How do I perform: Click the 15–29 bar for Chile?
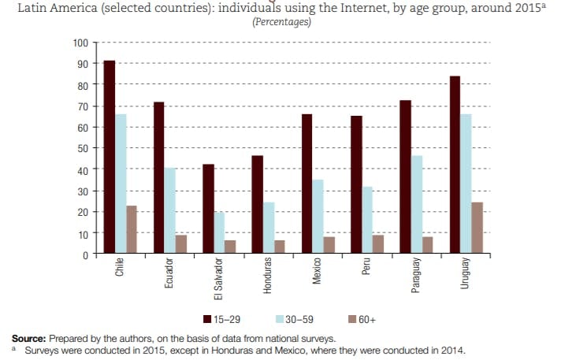click(109, 158)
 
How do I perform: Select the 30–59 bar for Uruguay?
click(466, 184)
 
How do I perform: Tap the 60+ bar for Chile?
click(132, 230)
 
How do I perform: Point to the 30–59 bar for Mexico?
click(318, 217)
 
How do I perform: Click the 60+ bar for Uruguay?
click(477, 228)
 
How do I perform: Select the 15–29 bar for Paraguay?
click(405, 177)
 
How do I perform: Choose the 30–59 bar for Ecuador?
click(169, 211)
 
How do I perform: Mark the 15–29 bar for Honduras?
click(257, 205)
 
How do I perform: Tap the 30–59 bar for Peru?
click(367, 221)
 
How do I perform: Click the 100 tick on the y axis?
click(82, 42)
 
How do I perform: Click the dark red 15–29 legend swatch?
click(207, 319)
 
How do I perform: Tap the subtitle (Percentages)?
click(281, 22)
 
